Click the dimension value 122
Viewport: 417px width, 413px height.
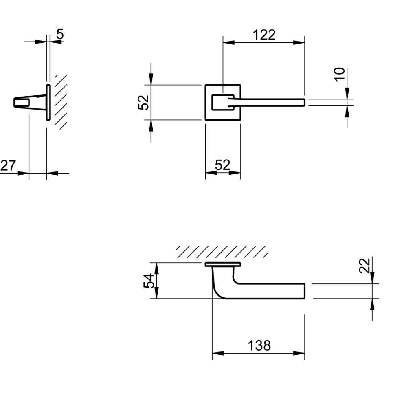pyautogui.click(x=264, y=35)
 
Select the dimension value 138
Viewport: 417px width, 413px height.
pyautogui.click(x=259, y=345)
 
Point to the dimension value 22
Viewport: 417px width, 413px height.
pyautogui.click(x=364, y=266)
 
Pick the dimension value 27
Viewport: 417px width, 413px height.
pyautogui.click(x=8, y=165)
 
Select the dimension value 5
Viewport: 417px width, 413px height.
pyautogui.click(x=60, y=34)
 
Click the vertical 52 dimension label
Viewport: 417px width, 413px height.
pyautogui.click(x=144, y=102)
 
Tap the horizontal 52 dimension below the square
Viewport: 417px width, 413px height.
pyautogui.click(x=223, y=165)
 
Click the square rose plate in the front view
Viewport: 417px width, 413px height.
pyautogui.click(x=206, y=102)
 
